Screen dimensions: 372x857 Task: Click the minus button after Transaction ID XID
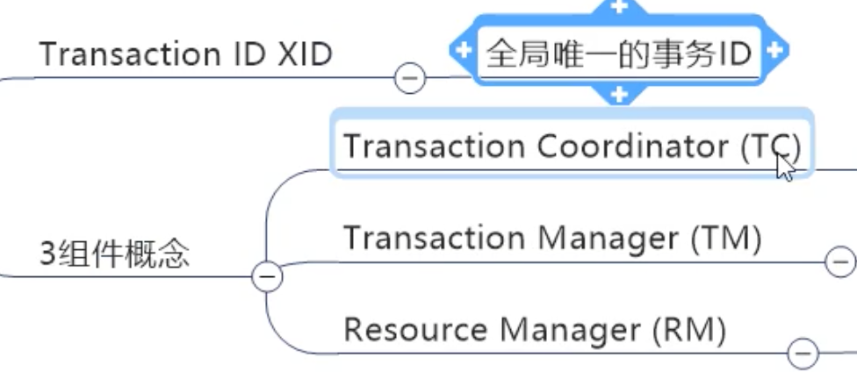[x=410, y=79]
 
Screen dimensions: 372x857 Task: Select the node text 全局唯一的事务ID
[x=619, y=54]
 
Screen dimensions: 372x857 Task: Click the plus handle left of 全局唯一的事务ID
[x=461, y=51]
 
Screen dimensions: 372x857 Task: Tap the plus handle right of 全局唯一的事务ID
[x=774, y=51]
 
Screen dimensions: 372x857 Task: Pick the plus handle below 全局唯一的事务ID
[x=618, y=94]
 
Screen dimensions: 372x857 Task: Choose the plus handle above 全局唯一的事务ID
[x=618, y=6]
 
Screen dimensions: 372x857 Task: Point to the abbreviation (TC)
[x=769, y=147]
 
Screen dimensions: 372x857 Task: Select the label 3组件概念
[x=114, y=254]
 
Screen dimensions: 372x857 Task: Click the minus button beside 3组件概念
[x=266, y=277]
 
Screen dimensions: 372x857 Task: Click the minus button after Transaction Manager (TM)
[x=839, y=261]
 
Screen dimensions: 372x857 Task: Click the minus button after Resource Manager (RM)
[x=803, y=354]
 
